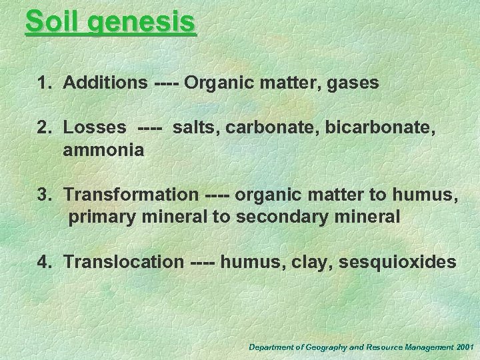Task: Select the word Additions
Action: [x=105, y=83]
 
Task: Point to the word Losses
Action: [x=94, y=128]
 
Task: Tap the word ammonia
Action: [x=103, y=151]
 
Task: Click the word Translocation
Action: [x=122, y=262]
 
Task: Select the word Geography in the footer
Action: [x=324, y=347]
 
